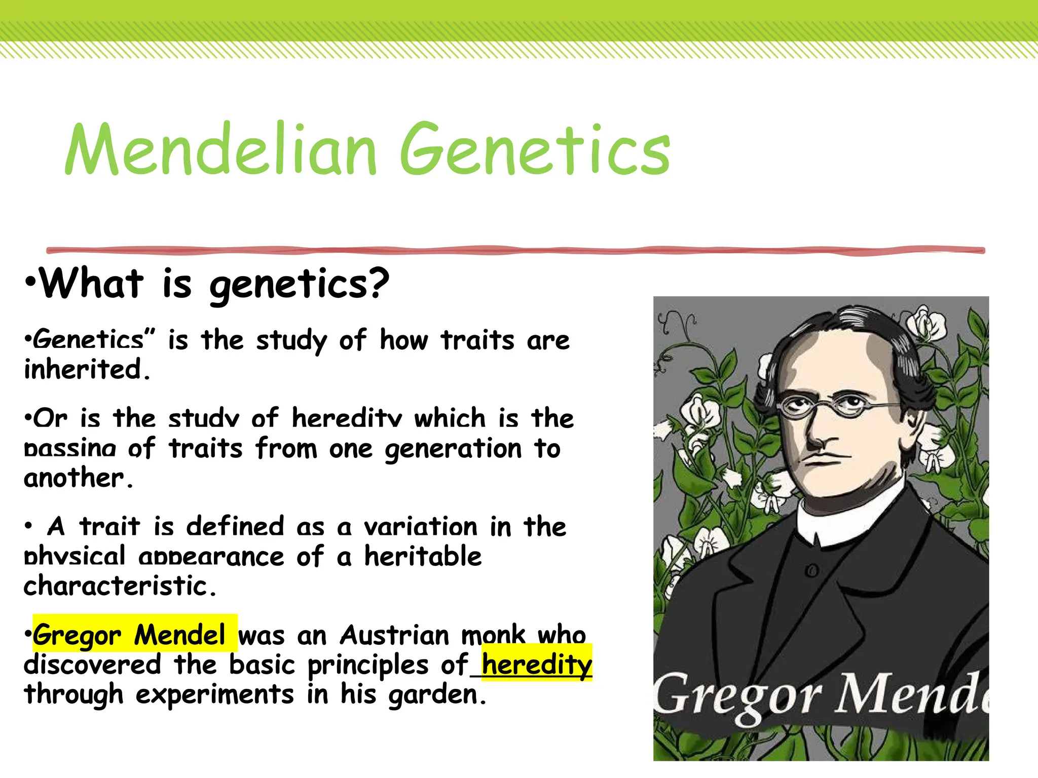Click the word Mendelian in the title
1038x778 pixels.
(x=221, y=150)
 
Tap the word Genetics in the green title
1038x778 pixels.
(x=535, y=150)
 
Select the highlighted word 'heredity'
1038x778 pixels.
(x=536, y=664)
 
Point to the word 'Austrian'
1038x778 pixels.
(x=395, y=635)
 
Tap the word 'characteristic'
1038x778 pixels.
(x=116, y=586)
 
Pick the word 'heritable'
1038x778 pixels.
(x=423, y=557)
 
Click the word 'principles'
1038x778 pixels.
(x=368, y=665)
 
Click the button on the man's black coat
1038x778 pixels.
(x=812, y=571)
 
